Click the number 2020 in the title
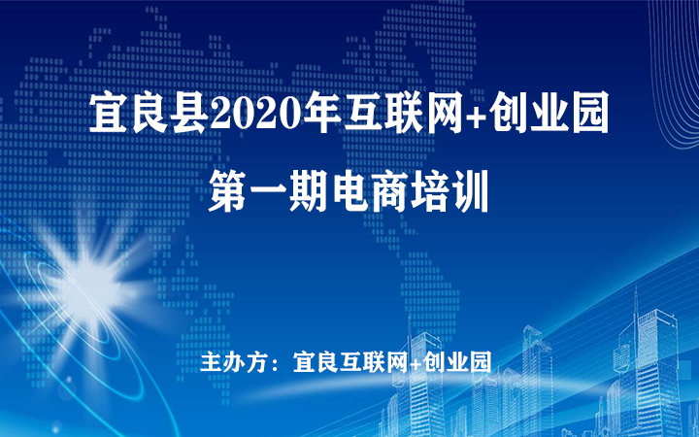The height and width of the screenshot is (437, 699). [x=257, y=112]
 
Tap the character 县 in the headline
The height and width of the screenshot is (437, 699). [x=190, y=112]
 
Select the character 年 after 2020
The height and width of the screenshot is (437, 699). [x=322, y=112]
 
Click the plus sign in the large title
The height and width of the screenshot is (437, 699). [x=477, y=114]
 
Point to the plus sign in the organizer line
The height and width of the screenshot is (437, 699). [x=416, y=363]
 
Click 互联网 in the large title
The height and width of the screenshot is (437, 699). [x=404, y=112]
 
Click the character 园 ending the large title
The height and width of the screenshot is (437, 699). [x=590, y=112]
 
